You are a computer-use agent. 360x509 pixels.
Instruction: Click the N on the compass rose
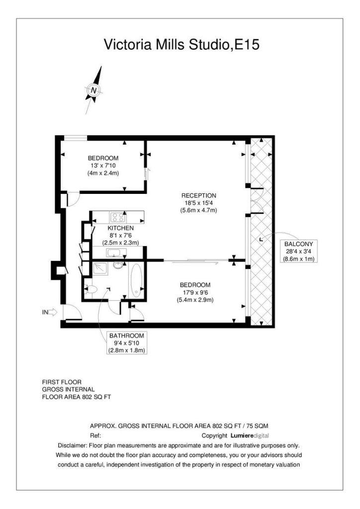94,90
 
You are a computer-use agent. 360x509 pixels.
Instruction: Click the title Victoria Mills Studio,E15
181,44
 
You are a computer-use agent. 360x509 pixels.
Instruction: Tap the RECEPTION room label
199,195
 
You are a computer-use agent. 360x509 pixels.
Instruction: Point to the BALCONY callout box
299,251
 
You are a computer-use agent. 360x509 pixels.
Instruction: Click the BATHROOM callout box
127,343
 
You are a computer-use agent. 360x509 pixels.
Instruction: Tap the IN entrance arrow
50,312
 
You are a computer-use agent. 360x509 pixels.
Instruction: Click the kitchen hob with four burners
117,217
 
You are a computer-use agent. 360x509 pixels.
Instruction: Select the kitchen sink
113,253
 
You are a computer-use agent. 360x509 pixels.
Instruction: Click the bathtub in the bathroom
136,280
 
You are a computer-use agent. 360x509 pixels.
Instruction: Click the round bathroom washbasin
118,264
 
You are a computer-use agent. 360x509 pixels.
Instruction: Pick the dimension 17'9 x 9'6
195,292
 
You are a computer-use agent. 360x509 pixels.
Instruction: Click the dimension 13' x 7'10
103,166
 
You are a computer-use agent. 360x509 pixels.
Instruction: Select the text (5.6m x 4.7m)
199,210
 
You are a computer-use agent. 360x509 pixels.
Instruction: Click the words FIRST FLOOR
62,382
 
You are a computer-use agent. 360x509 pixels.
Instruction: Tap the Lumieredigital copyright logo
250,435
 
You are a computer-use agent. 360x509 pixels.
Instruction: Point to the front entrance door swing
72,312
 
